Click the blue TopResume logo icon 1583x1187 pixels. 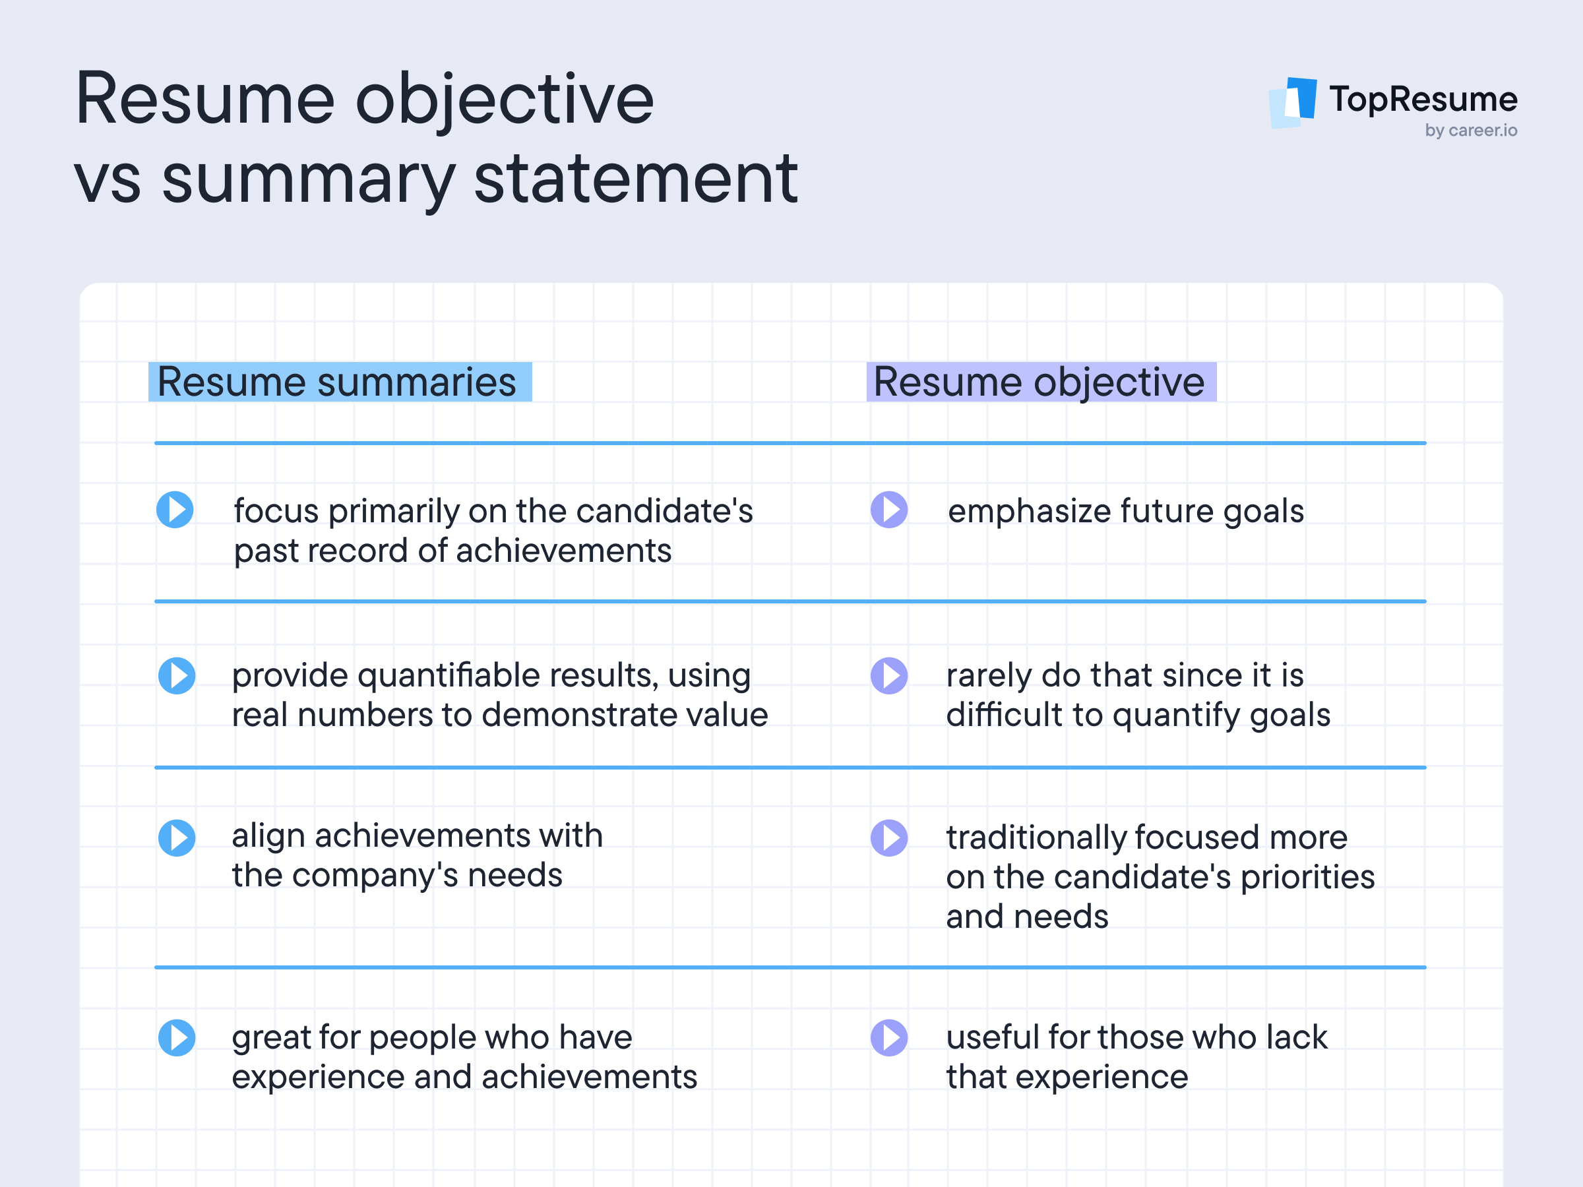[x=1294, y=102]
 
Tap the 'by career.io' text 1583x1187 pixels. [x=1471, y=130]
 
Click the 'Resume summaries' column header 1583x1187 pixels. [x=339, y=381]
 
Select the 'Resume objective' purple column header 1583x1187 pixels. [x=1041, y=381]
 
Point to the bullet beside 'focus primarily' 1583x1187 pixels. [x=175, y=510]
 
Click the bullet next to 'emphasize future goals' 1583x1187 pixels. [x=889, y=510]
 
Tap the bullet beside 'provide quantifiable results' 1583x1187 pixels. [x=176, y=675]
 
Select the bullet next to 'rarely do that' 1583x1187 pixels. [x=889, y=675]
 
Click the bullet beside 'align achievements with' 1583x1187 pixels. [x=176, y=838]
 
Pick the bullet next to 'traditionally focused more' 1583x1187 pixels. [x=889, y=838]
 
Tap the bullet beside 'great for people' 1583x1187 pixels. [x=176, y=1037]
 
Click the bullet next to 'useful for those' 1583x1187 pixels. [x=889, y=1037]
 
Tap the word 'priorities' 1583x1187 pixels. [x=1307, y=878]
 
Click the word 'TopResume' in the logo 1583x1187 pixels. [x=1423, y=99]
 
